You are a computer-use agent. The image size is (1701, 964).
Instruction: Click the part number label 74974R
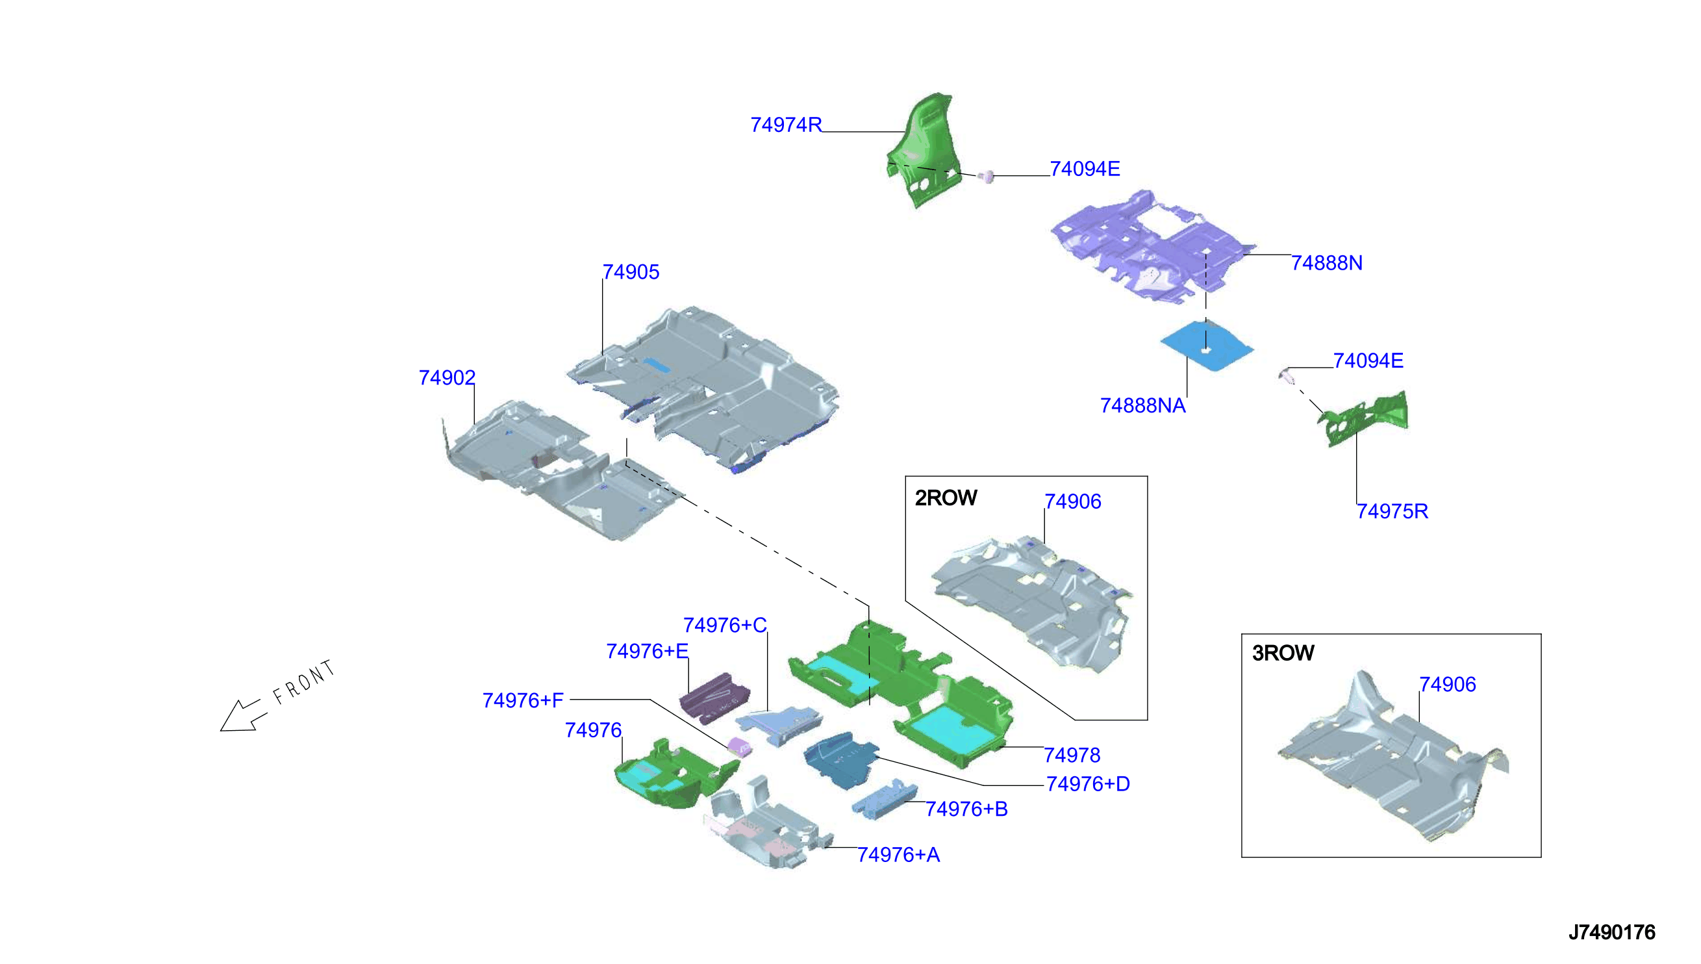coord(786,125)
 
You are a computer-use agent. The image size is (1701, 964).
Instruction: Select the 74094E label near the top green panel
coord(1085,169)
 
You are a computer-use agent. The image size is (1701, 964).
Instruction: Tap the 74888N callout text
coord(1326,263)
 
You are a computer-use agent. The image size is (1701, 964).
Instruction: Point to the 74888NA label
coord(1142,405)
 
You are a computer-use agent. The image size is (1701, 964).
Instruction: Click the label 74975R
coord(1392,511)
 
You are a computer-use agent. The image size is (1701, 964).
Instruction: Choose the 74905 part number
coord(631,272)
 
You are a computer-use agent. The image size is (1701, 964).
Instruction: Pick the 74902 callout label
coord(447,377)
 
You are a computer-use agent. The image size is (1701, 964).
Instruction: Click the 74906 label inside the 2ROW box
coord(1073,501)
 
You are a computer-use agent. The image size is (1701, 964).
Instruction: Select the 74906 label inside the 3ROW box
coord(1448,684)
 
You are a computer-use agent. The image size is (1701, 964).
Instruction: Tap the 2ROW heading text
coord(946,498)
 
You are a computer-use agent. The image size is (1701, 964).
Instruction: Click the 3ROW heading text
coord(1283,653)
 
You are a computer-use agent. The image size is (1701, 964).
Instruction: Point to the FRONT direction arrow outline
coord(244,716)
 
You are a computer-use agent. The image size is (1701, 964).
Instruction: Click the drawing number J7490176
coord(1611,932)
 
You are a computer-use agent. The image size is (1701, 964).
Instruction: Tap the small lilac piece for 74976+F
coord(739,747)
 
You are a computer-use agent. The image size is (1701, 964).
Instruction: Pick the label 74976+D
coord(1087,784)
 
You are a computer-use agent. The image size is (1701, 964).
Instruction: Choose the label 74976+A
coord(898,855)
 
